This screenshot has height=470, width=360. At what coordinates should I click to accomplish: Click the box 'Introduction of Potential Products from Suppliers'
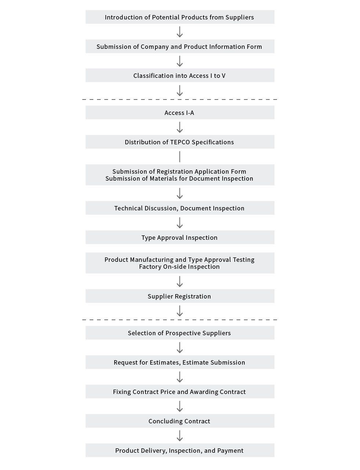(180, 17)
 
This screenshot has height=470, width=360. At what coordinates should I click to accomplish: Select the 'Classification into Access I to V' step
(180, 75)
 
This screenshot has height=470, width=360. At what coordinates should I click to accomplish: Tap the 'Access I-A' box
(180, 112)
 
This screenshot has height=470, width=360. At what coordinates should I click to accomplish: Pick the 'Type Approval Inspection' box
(180, 237)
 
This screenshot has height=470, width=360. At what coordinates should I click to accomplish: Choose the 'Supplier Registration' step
(180, 296)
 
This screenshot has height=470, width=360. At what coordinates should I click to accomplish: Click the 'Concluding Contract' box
(180, 421)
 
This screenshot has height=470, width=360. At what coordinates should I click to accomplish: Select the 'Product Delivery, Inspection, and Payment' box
(180, 450)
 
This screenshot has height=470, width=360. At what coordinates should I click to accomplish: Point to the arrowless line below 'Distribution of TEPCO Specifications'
(180, 156)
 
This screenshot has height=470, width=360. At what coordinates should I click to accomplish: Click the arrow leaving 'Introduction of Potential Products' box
(180, 32)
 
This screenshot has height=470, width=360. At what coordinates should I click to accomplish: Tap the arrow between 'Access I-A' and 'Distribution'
(180, 127)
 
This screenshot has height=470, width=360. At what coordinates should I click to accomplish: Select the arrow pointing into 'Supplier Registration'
(180, 281)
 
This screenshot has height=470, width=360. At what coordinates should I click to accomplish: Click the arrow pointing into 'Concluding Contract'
(180, 406)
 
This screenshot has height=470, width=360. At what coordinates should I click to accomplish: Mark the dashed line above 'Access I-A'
(180, 100)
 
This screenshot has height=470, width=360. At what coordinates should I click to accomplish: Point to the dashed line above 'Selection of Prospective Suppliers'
(180, 320)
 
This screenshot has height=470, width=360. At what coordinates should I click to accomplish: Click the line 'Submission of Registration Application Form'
(179, 171)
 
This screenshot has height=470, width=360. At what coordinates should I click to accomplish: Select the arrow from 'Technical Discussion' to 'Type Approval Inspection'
(180, 223)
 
